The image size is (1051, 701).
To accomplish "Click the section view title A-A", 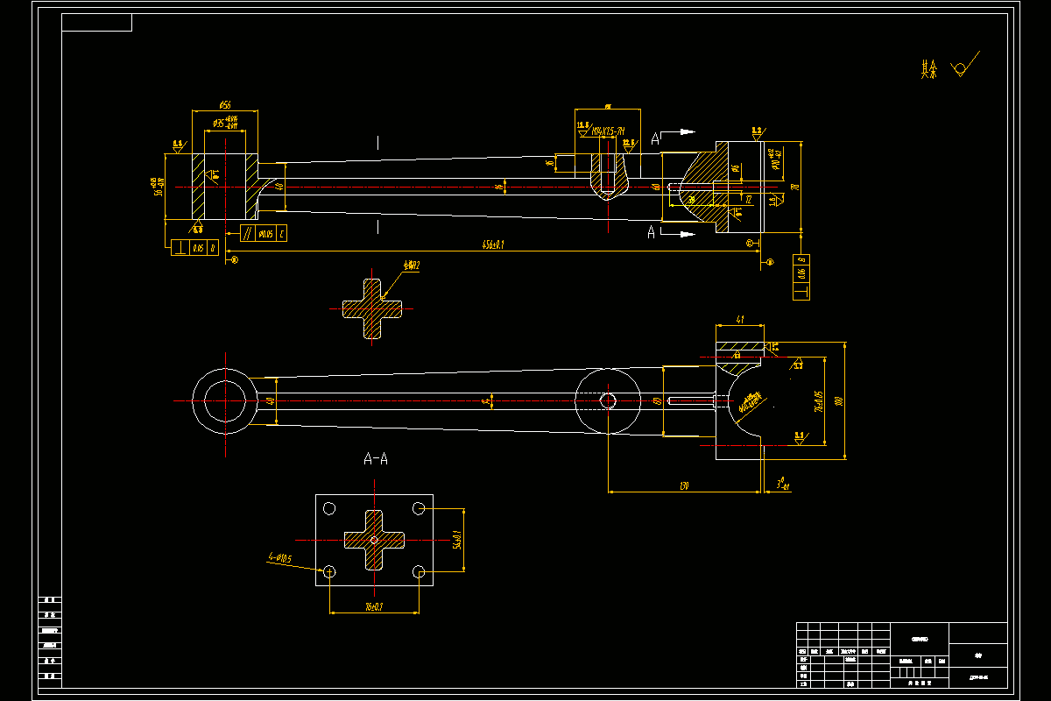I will (376, 458).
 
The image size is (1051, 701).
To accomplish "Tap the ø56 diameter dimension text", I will (223, 105).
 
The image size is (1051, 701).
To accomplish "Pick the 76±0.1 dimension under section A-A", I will (374, 606).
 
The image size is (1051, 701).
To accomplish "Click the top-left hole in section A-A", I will (329, 508).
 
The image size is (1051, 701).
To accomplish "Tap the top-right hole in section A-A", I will (420, 508).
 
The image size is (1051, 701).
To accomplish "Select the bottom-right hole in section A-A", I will (420, 572).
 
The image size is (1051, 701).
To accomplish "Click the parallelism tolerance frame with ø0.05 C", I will (263, 233).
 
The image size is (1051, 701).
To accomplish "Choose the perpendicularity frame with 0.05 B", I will (194, 248).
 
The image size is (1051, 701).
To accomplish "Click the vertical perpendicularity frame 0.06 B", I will (801, 277).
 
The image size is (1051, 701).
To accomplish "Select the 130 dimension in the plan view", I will (684, 486).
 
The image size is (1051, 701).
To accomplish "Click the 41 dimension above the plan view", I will (740, 320).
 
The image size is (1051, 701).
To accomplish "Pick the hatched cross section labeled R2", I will (372, 308).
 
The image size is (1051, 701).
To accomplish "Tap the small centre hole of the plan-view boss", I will (608, 400).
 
